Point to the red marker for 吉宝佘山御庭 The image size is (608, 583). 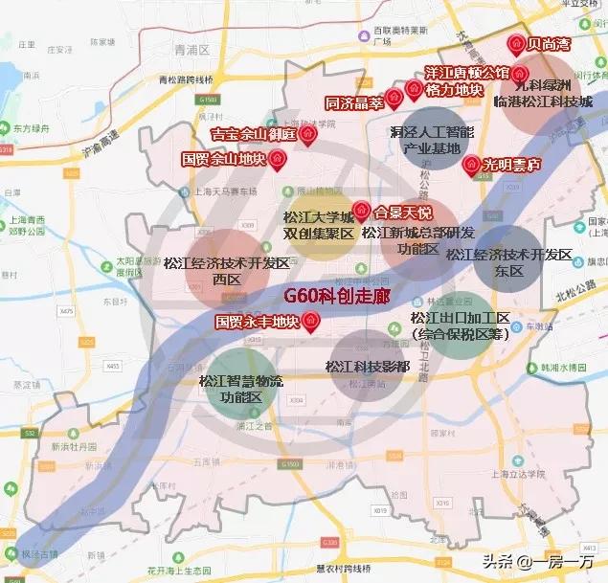point(307,137)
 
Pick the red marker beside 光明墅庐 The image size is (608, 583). point(470,165)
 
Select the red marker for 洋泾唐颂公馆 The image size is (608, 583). point(519,73)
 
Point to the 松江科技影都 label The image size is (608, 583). point(368,367)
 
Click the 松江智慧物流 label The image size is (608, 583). point(230,381)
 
